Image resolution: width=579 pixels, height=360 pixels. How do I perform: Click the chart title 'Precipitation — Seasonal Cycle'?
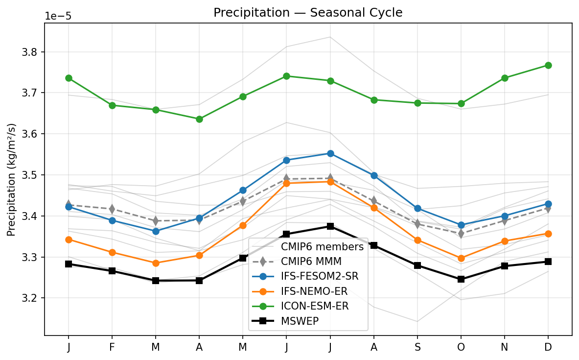pyautogui.click(x=308, y=13)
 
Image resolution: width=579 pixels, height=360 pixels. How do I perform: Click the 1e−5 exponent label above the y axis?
pyautogui.click(x=58, y=16)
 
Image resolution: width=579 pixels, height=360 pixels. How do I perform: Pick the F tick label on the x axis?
pyautogui.click(x=112, y=347)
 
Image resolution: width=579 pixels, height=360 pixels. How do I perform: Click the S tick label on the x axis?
pyautogui.click(x=417, y=347)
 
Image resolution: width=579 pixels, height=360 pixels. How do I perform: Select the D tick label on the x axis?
pyautogui.click(x=548, y=347)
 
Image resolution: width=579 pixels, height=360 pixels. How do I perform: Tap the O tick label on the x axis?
pyautogui.click(x=461, y=347)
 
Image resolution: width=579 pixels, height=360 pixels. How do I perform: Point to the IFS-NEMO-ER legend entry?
pyautogui.click(x=314, y=291)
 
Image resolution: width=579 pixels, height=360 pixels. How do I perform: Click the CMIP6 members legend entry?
pyautogui.click(x=322, y=247)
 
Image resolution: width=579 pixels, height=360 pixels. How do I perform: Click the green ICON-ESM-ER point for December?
pyautogui.click(x=548, y=65)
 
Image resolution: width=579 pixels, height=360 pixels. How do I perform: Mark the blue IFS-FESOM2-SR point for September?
pyautogui.click(x=417, y=209)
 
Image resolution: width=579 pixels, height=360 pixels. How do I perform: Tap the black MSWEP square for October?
pyautogui.click(x=461, y=279)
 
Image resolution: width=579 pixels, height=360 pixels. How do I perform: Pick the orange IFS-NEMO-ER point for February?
pyautogui.click(x=112, y=252)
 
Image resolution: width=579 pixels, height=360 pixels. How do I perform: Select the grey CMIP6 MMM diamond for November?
pyautogui.click(x=505, y=220)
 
